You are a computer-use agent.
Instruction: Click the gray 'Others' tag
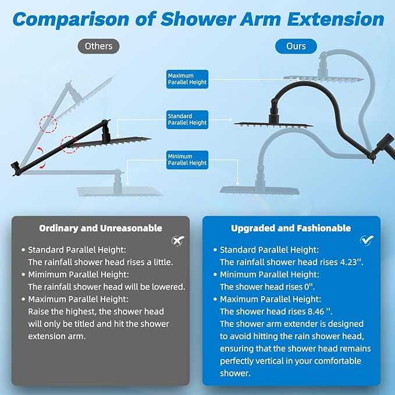pos(98,45)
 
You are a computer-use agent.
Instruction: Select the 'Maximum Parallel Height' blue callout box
pos(187,79)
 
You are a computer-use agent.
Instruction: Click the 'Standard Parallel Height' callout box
pos(187,119)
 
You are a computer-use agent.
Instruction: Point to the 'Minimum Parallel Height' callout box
pos(187,159)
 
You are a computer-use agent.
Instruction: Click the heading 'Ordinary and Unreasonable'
pos(101,228)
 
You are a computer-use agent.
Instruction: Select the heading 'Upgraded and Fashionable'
pos(291,228)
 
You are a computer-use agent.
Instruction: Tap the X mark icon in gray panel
pos(176,240)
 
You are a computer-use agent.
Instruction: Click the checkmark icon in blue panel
pos(367,240)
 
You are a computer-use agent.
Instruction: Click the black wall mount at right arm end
pos(385,141)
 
